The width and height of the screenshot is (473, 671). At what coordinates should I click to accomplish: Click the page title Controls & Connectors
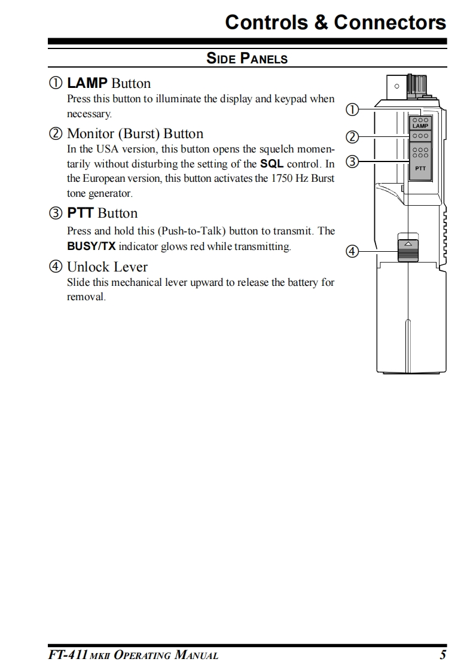tap(335, 22)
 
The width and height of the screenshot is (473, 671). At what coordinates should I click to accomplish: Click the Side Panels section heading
tap(247, 59)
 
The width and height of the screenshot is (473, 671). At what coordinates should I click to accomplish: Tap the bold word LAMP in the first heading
tap(87, 83)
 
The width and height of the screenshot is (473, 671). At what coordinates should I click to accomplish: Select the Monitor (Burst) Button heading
tap(135, 133)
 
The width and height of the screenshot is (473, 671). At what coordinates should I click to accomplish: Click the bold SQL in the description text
tap(272, 163)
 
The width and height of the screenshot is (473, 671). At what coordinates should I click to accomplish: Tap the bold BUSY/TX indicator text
tap(91, 246)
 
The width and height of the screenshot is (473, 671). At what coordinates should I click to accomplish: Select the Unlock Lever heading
tap(107, 267)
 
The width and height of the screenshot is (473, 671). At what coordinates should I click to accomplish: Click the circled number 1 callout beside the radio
tap(352, 110)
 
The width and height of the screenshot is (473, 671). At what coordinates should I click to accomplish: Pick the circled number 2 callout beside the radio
tap(352, 138)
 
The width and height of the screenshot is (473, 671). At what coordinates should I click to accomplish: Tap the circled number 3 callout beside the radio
tap(352, 161)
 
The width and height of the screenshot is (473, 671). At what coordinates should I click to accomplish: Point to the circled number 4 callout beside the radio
tap(352, 252)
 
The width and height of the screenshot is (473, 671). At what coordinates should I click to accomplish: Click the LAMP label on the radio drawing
tap(420, 126)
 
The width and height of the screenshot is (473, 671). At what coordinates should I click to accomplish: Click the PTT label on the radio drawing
tap(420, 169)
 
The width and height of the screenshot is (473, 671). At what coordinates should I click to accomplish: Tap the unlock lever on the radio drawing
tap(408, 249)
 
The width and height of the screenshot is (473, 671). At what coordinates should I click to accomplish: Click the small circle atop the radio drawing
tap(396, 86)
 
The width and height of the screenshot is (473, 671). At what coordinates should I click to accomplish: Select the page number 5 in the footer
tap(443, 655)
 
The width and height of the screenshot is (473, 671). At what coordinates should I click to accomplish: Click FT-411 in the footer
tap(68, 655)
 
